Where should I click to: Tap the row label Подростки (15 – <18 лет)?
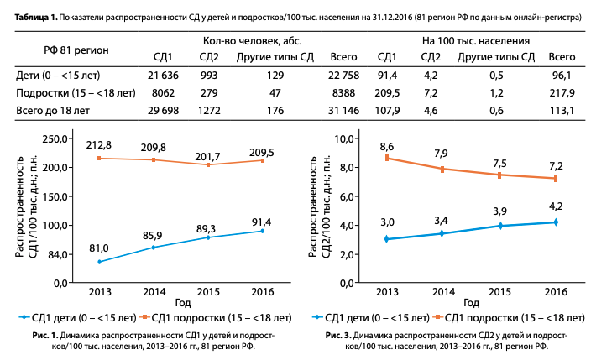coord(76,93)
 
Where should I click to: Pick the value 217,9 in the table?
coord(562,93)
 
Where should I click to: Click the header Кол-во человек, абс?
coord(252,40)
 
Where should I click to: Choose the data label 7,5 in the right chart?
coord(500,163)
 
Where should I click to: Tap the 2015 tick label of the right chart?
coord(499,291)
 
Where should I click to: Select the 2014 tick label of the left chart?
coord(153,291)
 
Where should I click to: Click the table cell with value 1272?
coord(210,109)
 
